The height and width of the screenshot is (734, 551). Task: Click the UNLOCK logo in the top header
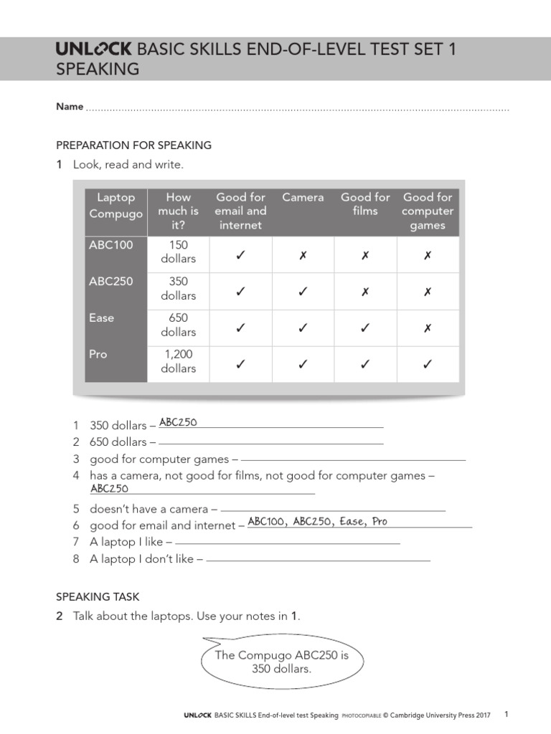point(94,49)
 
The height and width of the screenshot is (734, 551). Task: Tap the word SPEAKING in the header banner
point(98,70)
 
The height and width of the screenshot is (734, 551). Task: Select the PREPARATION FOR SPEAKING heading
point(133,145)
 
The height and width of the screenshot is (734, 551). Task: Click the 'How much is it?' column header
point(178,211)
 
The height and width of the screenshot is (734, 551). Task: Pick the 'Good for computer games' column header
point(428,211)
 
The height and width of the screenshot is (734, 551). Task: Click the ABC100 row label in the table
point(111,245)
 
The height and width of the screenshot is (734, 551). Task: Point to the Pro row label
point(98,354)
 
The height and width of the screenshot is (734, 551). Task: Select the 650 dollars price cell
point(178,325)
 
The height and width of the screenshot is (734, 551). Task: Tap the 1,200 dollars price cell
point(178,361)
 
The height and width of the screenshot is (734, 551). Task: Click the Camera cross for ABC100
point(303,255)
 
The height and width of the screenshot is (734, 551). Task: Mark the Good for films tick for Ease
point(365,328)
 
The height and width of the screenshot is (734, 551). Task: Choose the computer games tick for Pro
point(428,365)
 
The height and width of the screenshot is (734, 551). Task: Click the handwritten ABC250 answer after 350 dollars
point(178,422)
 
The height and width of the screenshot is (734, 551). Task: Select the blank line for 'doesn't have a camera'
point(333,510)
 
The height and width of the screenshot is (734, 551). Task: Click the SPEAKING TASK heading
point(98,596)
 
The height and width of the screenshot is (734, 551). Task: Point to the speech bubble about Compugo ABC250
point(281,662)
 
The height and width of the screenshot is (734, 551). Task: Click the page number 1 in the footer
point(506,714)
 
